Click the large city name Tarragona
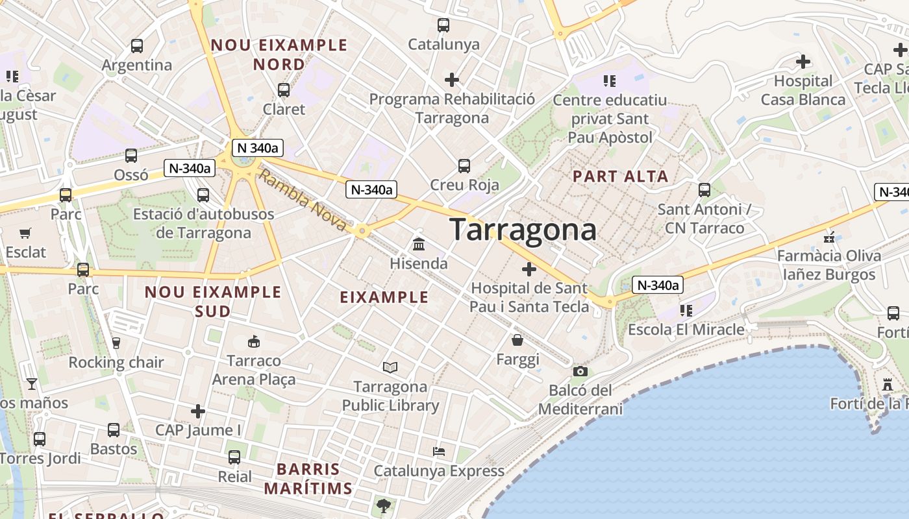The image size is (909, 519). (x=523, y=230)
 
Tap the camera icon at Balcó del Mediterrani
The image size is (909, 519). (x=580, y=372)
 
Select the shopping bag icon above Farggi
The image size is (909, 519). (x=517, y=340)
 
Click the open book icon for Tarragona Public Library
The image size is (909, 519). (x=390, y=368)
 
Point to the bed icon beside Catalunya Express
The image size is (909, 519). (x=439, y=452)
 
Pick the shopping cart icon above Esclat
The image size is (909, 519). (x=25, y=233)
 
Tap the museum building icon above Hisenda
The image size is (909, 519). (x=419, y=245)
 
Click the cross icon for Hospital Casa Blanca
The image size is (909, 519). (x=803, y=62)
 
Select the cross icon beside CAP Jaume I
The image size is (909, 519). (x=198, y=411)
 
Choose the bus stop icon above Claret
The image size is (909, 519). (x=283, y=90)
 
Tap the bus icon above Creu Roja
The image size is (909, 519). (x=464, y=165)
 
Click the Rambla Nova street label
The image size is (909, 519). (x=303, y=199)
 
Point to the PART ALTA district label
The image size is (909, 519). (x=620, y=176)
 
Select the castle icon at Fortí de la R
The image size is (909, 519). (x=888, y=385)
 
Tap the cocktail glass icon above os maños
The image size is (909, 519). (x=32, y=384)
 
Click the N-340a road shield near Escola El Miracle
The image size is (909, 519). (x=658, y=285)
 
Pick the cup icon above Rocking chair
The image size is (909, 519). (x=116, y=343)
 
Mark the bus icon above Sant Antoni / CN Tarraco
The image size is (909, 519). (x=704, y=190)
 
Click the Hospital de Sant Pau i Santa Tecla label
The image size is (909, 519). (x=529, y=297)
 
